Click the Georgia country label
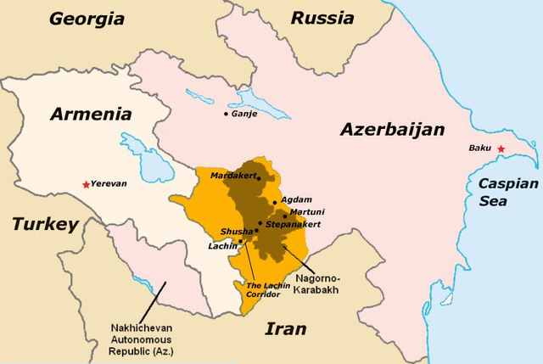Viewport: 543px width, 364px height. [88, 18]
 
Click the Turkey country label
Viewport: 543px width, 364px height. [44, 224]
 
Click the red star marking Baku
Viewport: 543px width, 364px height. [501, 149]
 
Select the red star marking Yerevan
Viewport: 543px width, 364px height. [85, 184]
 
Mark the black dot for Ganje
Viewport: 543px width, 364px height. [226, 114]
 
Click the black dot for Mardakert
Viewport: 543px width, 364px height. [259, 179]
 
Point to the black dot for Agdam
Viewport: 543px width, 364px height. [274, 201]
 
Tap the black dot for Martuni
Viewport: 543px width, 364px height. [284, 216]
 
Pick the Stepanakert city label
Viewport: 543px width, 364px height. [293, 224]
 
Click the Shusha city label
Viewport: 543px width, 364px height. [236, 231]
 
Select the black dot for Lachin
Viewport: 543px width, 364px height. [240, 242]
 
